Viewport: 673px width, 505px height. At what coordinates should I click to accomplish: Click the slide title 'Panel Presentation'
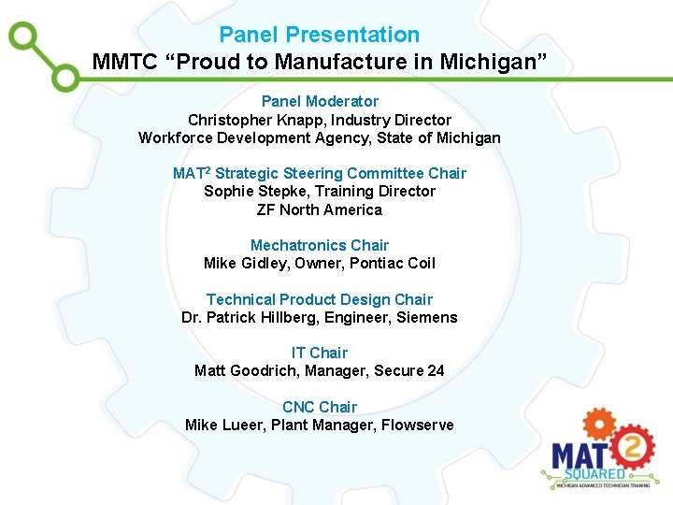(x=319, y=36)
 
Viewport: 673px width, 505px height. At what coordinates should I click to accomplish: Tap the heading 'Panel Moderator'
(x=320, y=101)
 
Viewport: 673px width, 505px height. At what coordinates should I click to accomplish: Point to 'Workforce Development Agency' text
(x=242, y=137)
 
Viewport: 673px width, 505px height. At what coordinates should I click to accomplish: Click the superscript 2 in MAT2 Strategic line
(x=208, y=170)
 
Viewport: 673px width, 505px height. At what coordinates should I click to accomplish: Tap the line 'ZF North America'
(x=320, y=209)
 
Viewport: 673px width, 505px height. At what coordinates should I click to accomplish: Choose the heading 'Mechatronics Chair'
(x=320, y=245)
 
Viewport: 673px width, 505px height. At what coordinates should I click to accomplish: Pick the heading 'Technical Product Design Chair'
(x=320, y=299)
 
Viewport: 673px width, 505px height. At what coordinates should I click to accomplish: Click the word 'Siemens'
(x=426, y=317)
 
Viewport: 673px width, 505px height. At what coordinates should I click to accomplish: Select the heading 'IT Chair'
(x=320, y=353)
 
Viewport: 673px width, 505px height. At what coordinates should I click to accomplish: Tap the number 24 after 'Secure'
(x=436, y=370)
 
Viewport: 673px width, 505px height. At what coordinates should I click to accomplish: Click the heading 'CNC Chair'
(x=320, y=407)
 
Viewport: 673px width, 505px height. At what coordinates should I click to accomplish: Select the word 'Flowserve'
(x=419, y=425)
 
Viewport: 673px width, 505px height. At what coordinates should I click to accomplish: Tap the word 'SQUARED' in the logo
(x=580, y=472)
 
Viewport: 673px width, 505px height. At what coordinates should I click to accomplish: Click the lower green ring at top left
(x=65, y=77)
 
